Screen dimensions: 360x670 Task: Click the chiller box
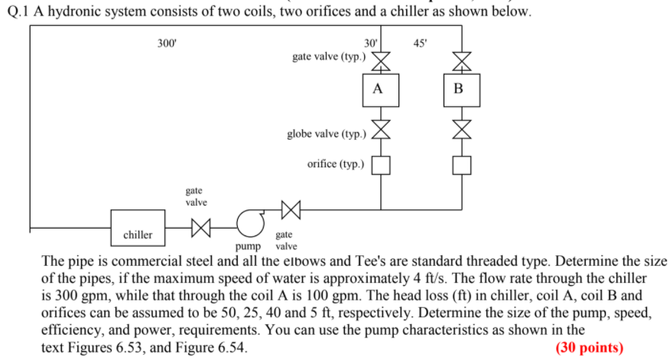pyautogui.click(x=138, y=227)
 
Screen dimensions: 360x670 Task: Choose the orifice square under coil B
pyautogui.click(x=459, y=164)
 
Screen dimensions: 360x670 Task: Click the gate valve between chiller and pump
pyautogui.click(x=200, y=227)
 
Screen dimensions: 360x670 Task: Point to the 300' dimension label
pyautogui.click(x=166, y=44)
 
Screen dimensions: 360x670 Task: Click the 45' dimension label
pyautogui.click(x=420, y=44)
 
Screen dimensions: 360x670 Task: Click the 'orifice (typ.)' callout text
pyautogui.click(x=336, y=164)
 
